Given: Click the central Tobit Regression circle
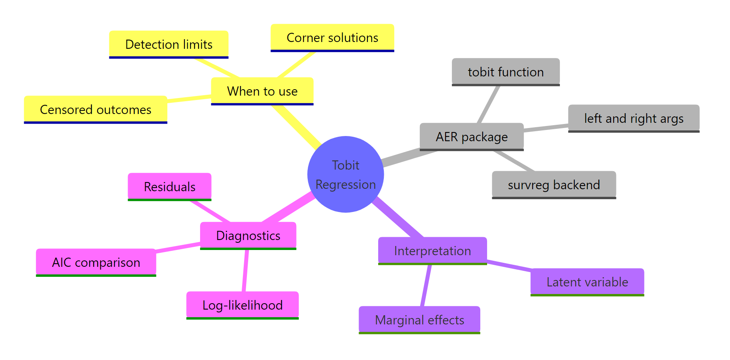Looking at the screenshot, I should point(345,174).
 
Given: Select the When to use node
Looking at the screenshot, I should point(262,91).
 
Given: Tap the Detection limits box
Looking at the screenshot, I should point(168,44).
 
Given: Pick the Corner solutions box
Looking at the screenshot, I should point(332,37).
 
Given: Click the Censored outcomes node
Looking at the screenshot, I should point(95,109).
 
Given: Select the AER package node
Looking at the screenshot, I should point(471,136).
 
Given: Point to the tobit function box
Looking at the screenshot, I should point(505,72).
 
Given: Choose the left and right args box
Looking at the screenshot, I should point(634,118).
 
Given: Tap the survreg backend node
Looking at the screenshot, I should point(554,184).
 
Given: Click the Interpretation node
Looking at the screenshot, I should point(432,250).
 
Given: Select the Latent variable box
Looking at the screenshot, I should point(587,282).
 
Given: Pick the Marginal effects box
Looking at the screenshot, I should point(419,320).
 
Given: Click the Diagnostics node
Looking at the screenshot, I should point(248,235).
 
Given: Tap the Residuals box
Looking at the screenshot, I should point(169,186).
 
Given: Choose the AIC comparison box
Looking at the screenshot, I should point(96,262).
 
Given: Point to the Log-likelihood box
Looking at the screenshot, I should point(242,305).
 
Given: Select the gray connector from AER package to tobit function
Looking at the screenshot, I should point(489,104).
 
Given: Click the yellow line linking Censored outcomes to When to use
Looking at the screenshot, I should point(189,98).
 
